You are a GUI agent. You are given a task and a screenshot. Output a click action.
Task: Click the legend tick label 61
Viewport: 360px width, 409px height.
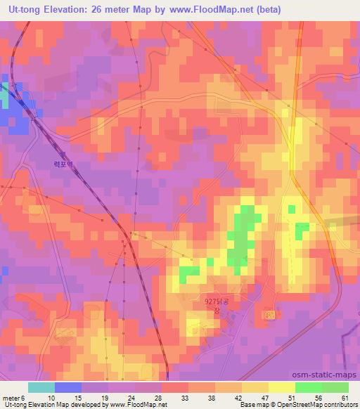(x=344, y=398)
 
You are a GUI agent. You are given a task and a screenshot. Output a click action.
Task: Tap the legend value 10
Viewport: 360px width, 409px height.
(x=51, y=398)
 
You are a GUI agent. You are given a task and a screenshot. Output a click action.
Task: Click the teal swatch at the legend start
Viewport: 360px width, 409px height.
(x=41, y=387)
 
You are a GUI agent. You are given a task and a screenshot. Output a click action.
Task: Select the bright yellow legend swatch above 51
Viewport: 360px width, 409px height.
(x=282, y=387)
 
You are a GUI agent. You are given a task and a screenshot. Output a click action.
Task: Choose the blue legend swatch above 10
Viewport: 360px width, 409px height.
(x=68, y=387)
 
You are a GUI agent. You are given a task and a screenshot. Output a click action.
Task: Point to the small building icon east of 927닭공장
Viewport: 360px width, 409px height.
(x=269, y=316)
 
